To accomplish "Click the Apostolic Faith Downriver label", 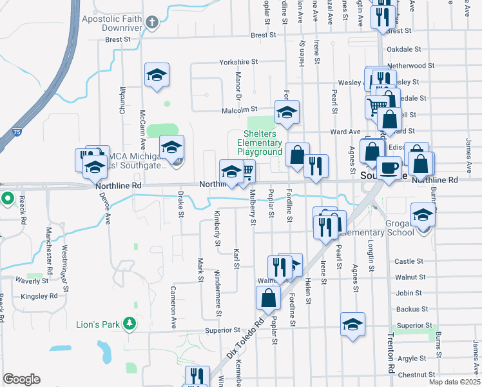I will click(111, 24).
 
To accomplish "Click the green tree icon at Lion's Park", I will click(130, 323).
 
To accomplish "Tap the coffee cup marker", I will click(389, 168).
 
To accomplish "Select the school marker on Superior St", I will click(352, 324).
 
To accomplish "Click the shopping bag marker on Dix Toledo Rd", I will click(268, 298).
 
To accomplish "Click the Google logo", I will click(21, 379).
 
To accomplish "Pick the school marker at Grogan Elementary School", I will click(423, 215).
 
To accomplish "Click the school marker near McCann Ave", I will click(157, 75).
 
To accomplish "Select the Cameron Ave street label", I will click(173, 307).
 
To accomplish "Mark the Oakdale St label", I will click(402, 49).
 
